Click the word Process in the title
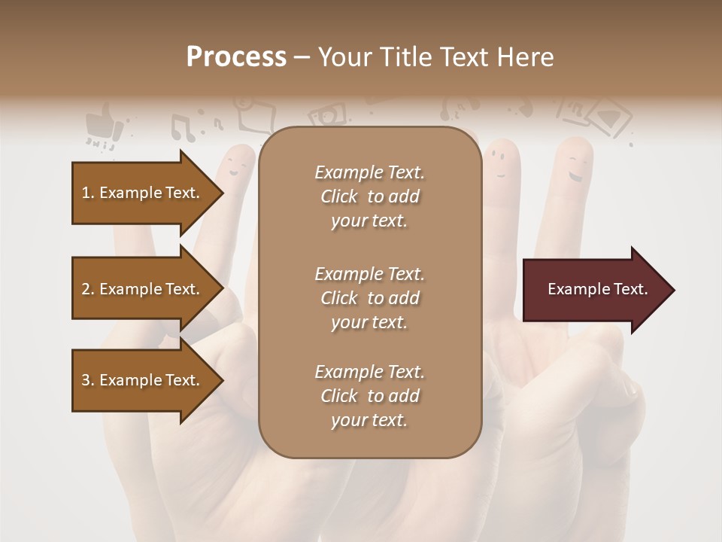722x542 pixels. pos(236,57)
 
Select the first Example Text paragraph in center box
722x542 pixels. pos(369,196)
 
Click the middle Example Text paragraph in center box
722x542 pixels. pos(369,298)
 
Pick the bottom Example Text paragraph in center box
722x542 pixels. pos(369,396)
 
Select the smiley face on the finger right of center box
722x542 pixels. pos(496,159)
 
